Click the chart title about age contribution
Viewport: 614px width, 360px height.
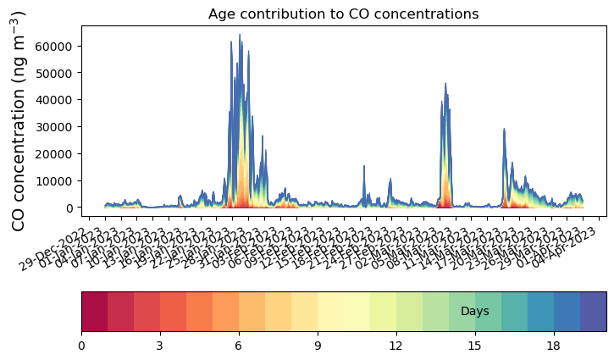click(x=344, y=14)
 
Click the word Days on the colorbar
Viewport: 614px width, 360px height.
click(x=474, y=312)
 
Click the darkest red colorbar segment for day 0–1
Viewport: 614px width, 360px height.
click(x=94, y=311)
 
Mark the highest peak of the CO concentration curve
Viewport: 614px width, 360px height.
click(x=240, y=35)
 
